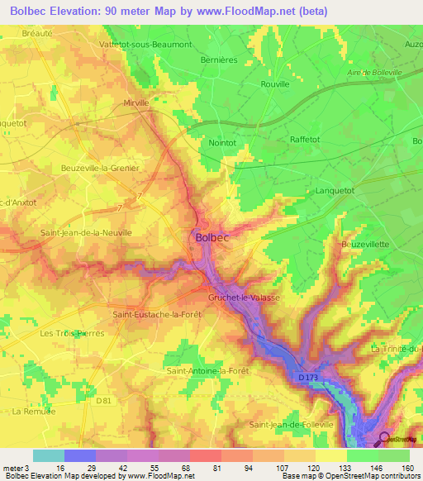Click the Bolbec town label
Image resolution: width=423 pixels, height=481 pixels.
point(213,237)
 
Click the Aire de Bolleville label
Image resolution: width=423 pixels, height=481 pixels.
point(373,74)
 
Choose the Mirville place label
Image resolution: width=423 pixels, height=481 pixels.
point(135,103)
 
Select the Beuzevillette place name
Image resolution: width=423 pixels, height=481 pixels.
point(366,245)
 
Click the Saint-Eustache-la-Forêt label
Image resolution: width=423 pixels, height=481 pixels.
point(155,314)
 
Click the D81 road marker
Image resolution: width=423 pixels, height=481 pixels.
point(102,401)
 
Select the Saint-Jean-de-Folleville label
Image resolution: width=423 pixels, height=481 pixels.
point(292,424)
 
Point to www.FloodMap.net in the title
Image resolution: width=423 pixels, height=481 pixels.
point(253,12)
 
